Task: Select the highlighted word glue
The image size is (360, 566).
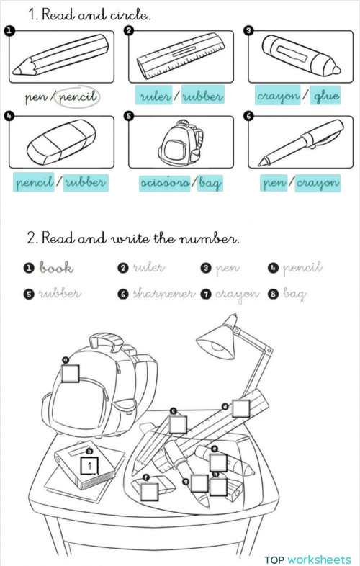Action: pos(326,96)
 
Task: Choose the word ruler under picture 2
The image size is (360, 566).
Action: pos(153,96)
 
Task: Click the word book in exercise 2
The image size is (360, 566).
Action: pos(56,268)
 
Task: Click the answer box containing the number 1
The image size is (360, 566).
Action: pos(89,467)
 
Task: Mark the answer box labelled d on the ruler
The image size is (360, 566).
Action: pos(240,408)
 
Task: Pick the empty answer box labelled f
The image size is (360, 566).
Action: pos(149,491)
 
